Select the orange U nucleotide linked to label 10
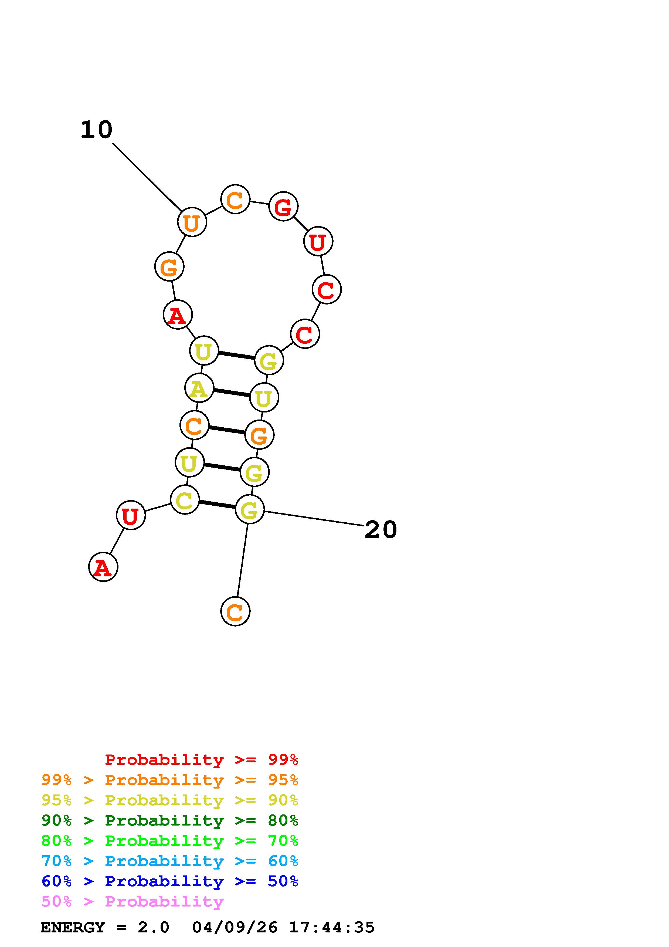pos(192,222)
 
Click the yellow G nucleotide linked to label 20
pos(249,509)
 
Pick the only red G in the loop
pos(283,206)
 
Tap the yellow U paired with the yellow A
pos(264,398)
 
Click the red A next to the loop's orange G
pos(178,315)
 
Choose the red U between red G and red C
pos(318,241)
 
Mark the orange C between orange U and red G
pos(235,199)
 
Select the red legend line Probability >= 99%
pos(201,759)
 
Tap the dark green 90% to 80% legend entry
pos(169,820)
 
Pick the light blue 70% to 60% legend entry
pos(169,861)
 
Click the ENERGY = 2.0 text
pos(105,927)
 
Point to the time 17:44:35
pos(332,927)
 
